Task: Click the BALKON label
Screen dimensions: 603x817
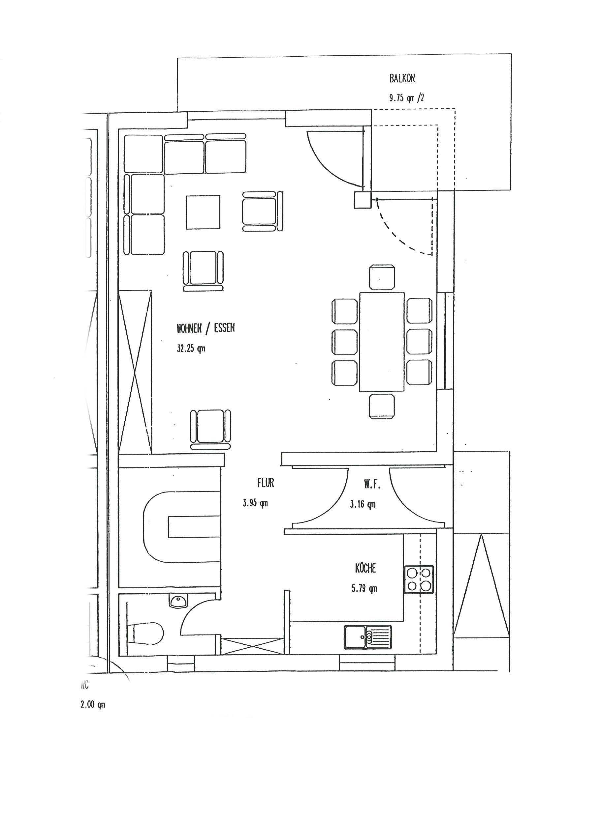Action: (x=402, y=78)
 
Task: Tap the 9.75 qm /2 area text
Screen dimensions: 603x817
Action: (x=406, y=98)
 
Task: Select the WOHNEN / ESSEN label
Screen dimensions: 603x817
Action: (x=206, y=328)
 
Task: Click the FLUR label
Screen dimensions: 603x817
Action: (x=265, y=483)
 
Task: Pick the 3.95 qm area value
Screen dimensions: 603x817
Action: (x=255, y=503)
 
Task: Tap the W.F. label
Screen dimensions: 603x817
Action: (x=372, y=485)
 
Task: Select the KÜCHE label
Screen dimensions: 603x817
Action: (x=365, y=568)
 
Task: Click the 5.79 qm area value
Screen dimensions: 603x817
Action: (x=364, y=588)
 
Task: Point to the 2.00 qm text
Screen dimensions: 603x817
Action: (x=93, y=705)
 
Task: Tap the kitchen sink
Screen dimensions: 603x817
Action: (x=367, y=637)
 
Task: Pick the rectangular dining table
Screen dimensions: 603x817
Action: (x=382, y=342)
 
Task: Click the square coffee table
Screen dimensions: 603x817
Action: (x=203, y=212)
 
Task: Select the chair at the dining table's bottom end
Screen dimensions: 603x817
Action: (x=382, y=406)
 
